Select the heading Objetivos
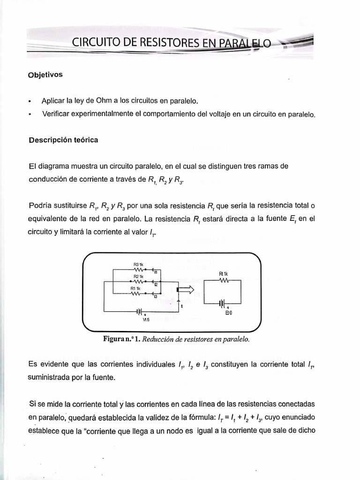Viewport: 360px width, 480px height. tap(45, 75)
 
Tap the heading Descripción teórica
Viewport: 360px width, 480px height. tap(63, 140)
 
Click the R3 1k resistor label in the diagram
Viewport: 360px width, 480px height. tap(138, 265)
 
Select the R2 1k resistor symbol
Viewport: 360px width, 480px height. tap(138, 281)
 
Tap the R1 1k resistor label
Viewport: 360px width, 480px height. tap(135, 288)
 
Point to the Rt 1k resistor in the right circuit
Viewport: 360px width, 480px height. tap(223, 280)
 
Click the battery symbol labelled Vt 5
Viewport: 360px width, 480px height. tap(140, 311)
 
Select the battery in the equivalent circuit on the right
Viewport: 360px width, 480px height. tap(224, 303)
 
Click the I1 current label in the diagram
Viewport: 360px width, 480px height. tap(155, 272)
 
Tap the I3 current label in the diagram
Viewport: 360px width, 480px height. tap(155, 296)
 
